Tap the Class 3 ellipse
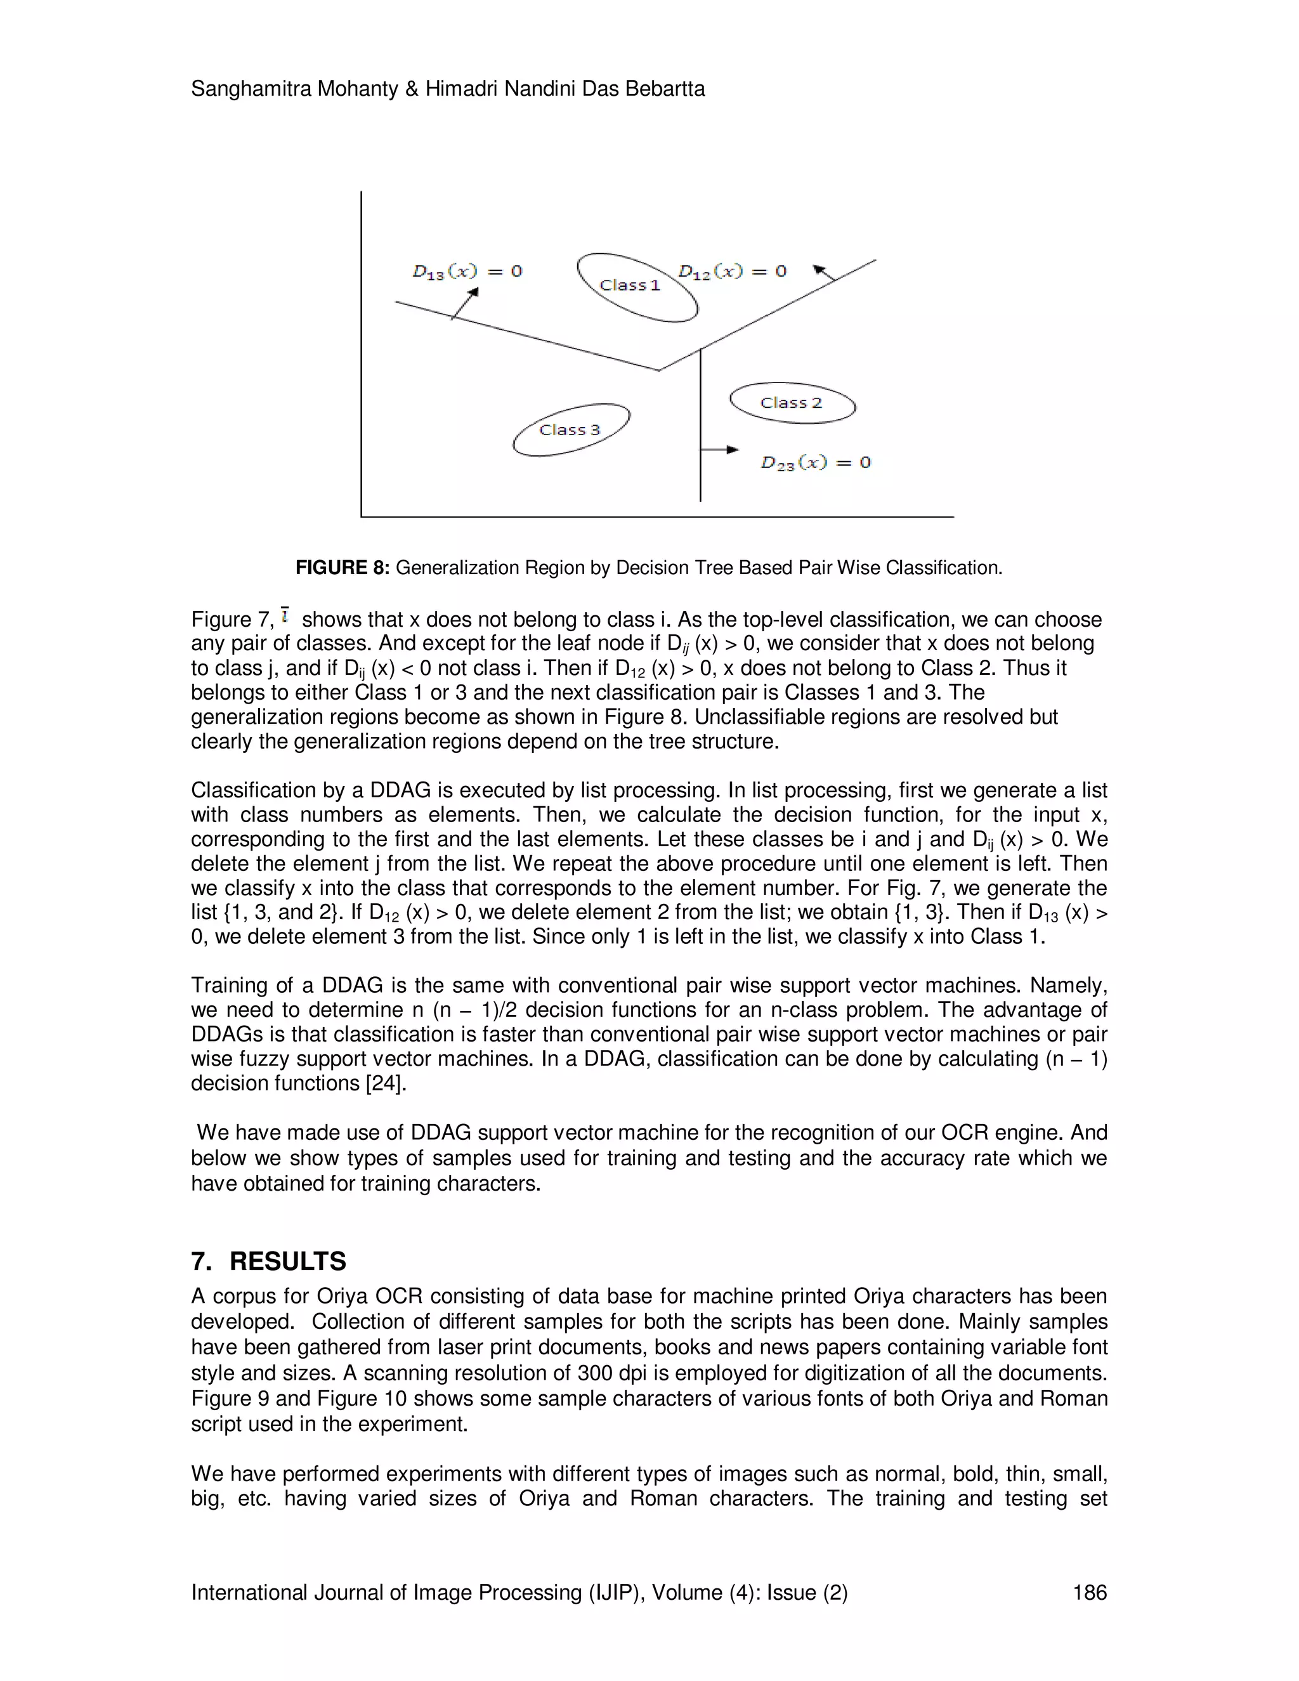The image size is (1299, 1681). (571, 430)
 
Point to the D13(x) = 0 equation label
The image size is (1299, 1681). (467, 271)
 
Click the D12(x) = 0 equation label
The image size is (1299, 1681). (732, 271)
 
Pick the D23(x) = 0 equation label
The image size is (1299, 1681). (816, 462)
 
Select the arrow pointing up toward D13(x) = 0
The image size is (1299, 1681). (466, 303)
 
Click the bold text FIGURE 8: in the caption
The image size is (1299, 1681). (343, 568)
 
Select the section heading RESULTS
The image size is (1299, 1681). (287, 1262)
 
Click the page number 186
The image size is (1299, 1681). (1089, 1592)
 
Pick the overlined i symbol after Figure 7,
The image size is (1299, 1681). (285, 616)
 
